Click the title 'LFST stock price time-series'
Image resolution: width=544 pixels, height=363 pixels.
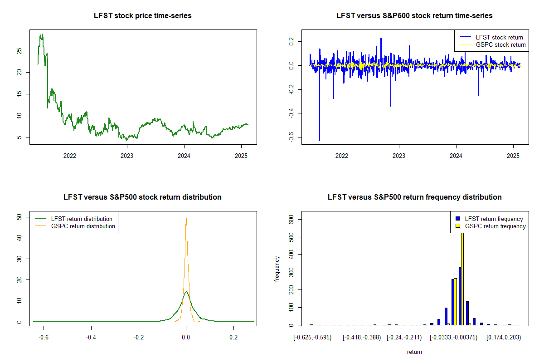pyautogui.click(x=143, y=16)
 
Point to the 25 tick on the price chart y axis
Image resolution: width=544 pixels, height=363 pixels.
pyautogui.click(x=18, y=51)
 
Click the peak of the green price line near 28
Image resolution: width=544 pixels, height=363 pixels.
pyautogui.click(x=42, y=34)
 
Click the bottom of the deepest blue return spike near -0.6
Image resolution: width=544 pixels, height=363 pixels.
pyautogui.click(x=320, y=140)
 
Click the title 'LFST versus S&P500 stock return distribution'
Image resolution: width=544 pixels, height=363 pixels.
pyautogui.click(x=143, y=197)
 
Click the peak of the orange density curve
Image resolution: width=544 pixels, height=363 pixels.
pyautogui.click(x=186, y=218)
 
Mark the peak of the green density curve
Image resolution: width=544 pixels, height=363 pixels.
pyautogui.click(x=186, y=292)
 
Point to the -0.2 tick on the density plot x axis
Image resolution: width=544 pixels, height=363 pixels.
pyautogui.click(x=139, y=338)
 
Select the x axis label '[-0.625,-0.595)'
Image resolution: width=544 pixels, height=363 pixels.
pyautogui.click(x=312, y=338)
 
